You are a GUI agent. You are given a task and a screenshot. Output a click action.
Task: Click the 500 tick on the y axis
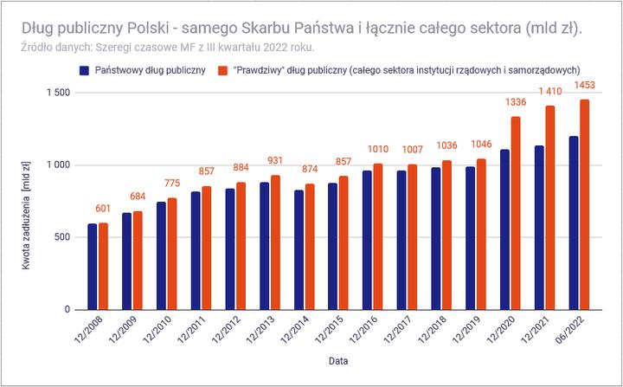point(61,237)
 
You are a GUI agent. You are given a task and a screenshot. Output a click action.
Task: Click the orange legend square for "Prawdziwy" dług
point(222,69)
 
